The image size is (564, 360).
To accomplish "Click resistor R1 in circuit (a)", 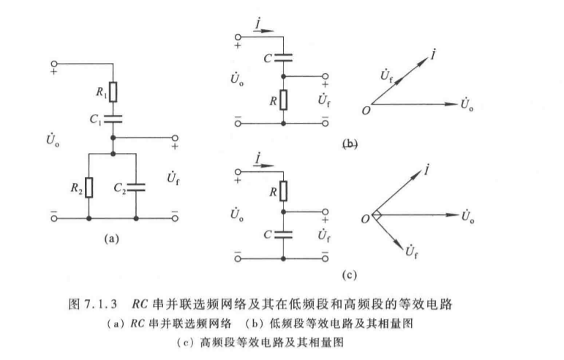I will [113, 92].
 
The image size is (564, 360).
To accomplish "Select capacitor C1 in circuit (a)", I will [113, 117].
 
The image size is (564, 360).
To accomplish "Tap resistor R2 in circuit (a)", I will [89, 187].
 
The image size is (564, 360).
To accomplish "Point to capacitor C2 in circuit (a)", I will [137, 187].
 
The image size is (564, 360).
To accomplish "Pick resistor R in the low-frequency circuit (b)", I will [283, 99].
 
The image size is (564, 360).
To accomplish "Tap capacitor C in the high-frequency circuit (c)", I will [283, 233].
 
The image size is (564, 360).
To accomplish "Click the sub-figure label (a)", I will [111, 237].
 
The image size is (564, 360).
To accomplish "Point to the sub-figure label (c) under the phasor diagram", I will [348, 275].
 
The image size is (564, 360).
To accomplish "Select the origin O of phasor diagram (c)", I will [364, 217].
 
